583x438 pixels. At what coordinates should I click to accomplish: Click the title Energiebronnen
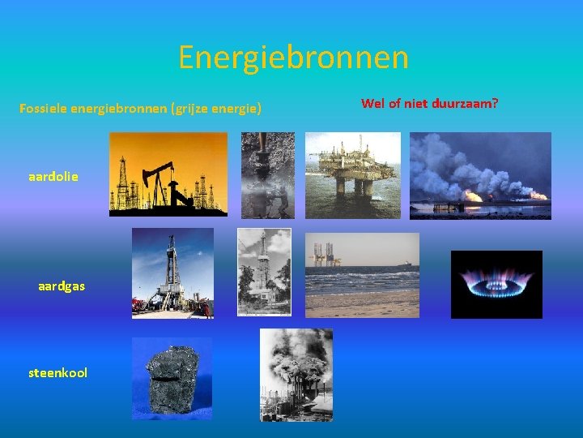[x=293, y=58]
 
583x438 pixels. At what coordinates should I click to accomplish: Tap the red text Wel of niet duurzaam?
[x=429, y=104]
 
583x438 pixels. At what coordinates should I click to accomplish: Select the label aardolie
[x=53, y=175]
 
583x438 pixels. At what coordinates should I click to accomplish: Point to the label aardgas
[x=62, y=286]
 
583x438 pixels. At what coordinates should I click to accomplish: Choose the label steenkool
[x=58, y=373]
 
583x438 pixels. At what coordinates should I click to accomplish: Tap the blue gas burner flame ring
[x=496, y=281]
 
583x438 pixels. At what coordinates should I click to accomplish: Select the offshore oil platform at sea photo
[x=352, y=175]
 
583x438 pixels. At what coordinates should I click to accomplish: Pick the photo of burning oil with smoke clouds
[x=480, y=175]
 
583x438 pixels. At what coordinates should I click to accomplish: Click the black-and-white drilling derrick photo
[x=264, y=271]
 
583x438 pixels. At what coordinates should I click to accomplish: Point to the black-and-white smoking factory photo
[x=296, y=375]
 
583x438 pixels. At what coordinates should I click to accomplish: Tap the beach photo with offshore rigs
[x=362, y=275]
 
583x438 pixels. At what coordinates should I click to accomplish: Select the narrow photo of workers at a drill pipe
[x=267, y=175]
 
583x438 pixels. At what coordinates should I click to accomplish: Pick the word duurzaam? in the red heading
[x=468, y=104]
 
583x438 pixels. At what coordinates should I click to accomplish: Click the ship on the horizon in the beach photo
[x=406, y=264]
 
